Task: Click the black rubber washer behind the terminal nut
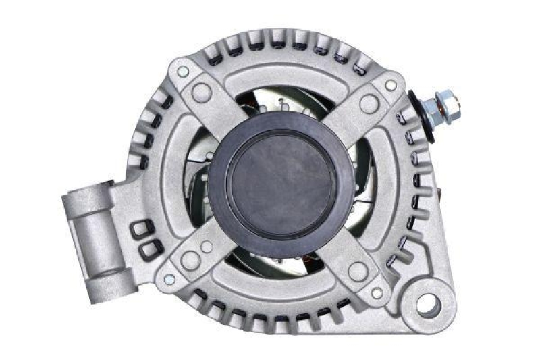[x=421, y=116]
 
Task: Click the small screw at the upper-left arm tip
[x=182, y=71]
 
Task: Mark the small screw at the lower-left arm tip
[x=169, y=278]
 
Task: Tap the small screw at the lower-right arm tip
[x=377, y=292]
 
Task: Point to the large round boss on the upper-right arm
[x=369, y=103]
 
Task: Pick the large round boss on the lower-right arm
[x=358, y=271]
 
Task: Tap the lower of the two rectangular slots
[x=148, y=251]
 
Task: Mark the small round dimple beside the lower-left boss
[x=206, y=247]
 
